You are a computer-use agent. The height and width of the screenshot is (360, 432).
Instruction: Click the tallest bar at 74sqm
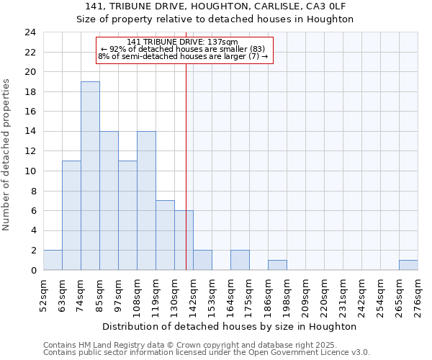click(90, 176)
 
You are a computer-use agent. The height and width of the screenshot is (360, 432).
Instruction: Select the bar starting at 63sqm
click(71, 215)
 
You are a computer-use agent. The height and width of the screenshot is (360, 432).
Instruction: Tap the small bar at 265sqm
click(408, 265)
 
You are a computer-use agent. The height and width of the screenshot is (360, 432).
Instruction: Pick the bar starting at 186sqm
click(277, 265)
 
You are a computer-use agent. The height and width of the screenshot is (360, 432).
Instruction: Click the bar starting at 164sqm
click(240, 260)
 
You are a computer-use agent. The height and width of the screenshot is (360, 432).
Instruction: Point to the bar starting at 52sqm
click(53, 260)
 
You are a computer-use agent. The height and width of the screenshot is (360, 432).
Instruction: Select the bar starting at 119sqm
click(165, 235)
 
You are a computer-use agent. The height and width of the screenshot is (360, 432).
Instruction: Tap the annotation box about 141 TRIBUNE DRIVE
click(184, 50)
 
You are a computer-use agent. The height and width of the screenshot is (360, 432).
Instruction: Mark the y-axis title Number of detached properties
click(6, 155)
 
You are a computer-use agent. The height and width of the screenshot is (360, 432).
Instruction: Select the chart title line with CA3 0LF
click(215, 6)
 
